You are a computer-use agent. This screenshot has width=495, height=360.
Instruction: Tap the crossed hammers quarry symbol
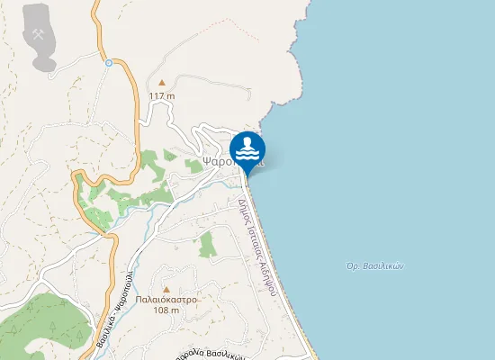(39, 33)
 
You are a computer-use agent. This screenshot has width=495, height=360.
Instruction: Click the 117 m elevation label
(161, 95)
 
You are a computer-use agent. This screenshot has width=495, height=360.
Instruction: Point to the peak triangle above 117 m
(161, 83)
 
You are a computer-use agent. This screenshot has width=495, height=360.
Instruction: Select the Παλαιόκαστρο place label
(166, 300)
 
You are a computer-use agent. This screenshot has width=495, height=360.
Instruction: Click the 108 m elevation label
(166, 310)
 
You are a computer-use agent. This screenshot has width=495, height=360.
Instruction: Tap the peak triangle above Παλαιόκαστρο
(166, 288)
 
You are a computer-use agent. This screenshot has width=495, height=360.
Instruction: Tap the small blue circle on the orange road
(108, 62)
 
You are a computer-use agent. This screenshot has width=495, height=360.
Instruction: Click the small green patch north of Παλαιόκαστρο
(207, 244)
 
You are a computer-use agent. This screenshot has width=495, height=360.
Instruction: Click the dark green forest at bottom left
(36, 328)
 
